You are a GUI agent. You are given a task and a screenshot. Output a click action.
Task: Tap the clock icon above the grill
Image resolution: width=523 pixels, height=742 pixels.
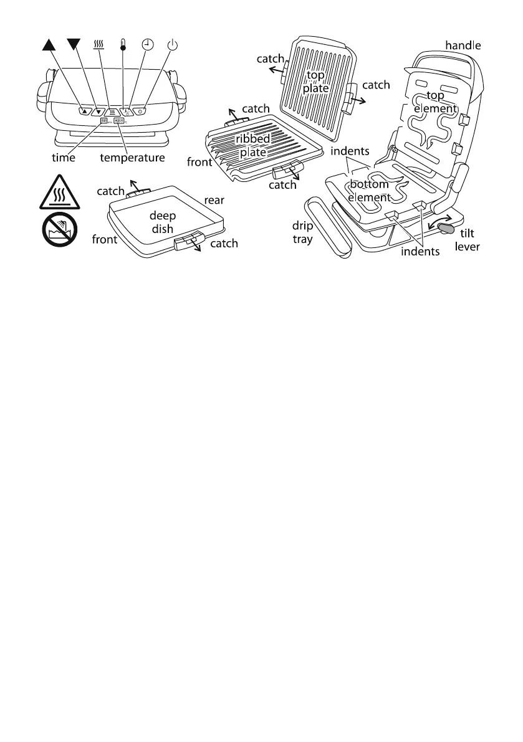click(147, 44)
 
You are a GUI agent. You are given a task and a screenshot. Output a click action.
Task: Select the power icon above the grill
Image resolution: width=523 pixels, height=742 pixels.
click(173, 44)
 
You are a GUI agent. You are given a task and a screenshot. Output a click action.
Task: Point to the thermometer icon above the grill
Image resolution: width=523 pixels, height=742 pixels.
click(123, 45)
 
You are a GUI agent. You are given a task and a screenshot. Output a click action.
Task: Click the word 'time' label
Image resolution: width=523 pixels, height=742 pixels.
click(63, 158)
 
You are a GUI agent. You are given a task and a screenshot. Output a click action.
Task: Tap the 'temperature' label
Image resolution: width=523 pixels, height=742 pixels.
click(133, 158)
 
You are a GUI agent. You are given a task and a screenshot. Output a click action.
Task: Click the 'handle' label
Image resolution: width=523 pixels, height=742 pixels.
click(464, 45)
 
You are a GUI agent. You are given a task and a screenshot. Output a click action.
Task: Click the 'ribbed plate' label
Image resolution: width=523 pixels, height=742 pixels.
click(253, 146)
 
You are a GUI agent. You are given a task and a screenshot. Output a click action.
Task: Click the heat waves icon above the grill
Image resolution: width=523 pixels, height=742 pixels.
click(98, 44)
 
